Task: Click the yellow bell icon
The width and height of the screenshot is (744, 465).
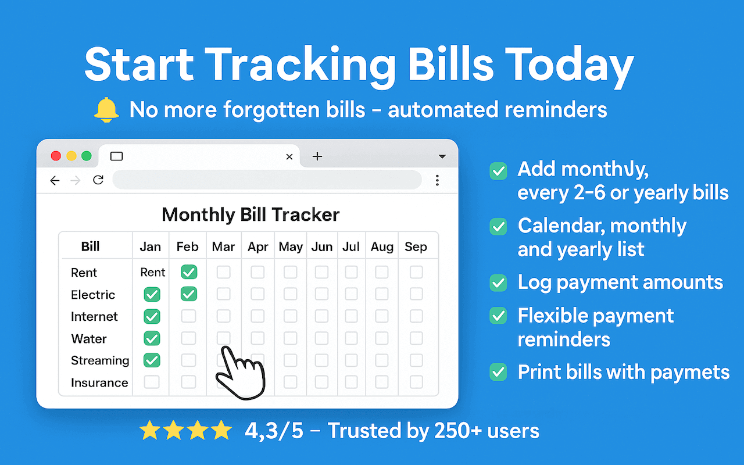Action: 106,110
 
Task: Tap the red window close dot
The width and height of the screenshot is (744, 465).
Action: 56,156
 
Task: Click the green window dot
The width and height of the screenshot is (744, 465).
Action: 87,156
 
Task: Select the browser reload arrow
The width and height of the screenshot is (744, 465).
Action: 98,180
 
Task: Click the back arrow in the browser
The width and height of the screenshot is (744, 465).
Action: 55,181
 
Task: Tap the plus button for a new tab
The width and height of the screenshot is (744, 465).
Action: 317,156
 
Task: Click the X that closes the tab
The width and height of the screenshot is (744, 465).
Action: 289,156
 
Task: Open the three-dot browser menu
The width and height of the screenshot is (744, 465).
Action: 437,181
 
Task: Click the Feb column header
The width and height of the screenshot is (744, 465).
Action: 187,247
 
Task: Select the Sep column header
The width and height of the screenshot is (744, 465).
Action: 416,247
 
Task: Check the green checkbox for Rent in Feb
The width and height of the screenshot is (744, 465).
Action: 188,272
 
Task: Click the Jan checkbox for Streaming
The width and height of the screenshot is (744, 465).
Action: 152,360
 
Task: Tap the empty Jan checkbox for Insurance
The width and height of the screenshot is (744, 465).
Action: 152,382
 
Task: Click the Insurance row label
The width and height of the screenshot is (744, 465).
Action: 99,382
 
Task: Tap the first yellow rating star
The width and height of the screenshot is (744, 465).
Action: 150,431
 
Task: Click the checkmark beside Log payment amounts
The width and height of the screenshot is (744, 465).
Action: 498,283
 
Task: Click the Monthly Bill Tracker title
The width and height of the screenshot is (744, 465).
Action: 251,214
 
